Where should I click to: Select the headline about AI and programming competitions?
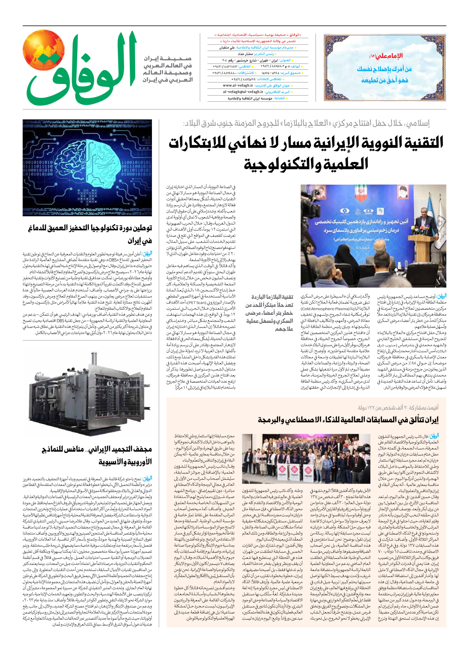(x=348, y=420)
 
